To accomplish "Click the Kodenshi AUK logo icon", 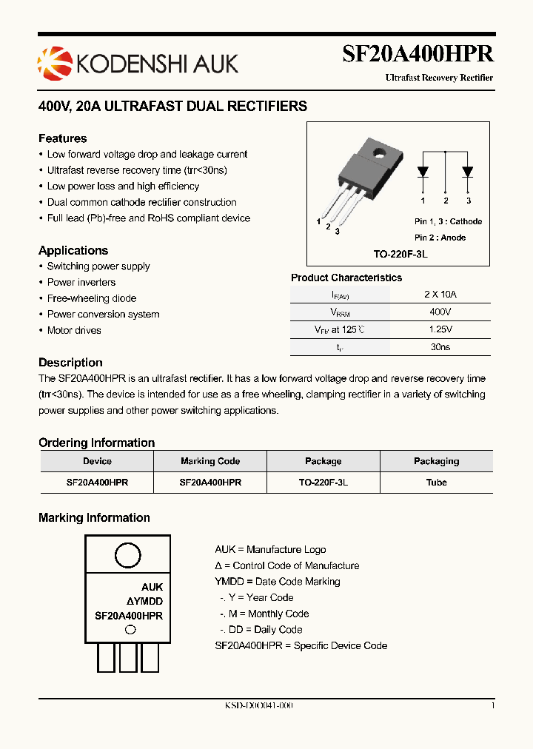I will (x=53, y=61).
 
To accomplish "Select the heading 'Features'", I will (x=62, y=138).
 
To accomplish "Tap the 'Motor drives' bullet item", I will (x=74, y=330).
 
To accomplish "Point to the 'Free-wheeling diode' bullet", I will (x=91, y=298).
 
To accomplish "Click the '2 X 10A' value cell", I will (x=440, y=294).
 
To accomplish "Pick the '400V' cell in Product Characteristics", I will (x=440, y=312).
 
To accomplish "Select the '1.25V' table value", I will (x=440, y=329).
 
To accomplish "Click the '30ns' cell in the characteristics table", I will (x=440, y=346).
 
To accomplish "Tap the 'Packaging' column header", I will (x=436, y=461).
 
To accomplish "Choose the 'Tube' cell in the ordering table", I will (x=436, y=482).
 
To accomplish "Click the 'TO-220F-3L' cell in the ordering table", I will (x=324, y=482).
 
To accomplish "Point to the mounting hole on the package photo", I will (x=381, y=154).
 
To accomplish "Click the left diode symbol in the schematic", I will (x=423, y=171).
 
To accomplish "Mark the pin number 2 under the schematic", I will (x=446, y=201).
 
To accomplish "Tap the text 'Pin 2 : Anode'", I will (x=440, y=237).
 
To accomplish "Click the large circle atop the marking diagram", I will (x=128, y=555).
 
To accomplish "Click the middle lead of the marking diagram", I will (x=128, y=658).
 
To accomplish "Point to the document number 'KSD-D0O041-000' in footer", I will (x=258, y=706).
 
